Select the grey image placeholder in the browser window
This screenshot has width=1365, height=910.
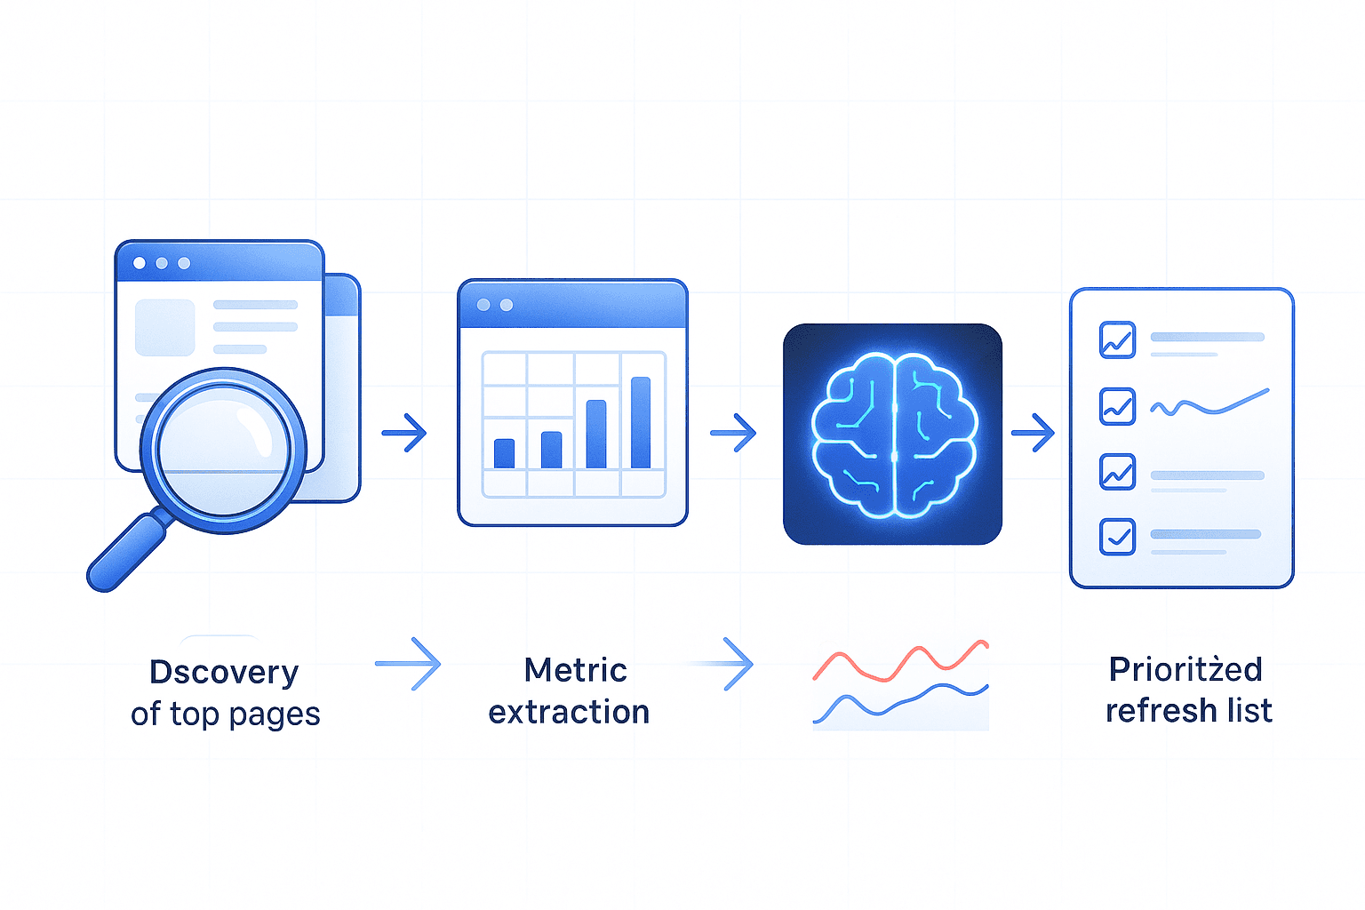tap(164, 327)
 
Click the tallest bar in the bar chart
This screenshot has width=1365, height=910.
tap(641, 422)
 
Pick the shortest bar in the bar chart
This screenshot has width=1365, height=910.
tap(504, 453)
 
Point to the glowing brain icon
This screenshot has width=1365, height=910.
tap(892, 434)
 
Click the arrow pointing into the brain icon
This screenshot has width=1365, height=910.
tap(733, 434)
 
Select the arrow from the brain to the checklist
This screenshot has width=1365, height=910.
tap(1033, 434)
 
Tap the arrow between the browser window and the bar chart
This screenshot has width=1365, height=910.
tap(404, 433)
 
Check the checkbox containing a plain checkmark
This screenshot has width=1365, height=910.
tap(1117, 537)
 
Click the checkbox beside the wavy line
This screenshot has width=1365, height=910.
tap(1117, 406)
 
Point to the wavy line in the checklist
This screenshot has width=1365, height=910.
tap(1209, 404)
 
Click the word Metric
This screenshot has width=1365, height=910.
tap(576, 670)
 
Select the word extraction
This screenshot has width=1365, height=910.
tap(569, 712)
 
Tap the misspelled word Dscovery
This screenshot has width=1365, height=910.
tap(224, 672)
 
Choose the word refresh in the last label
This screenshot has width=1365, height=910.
tap(1161, 711)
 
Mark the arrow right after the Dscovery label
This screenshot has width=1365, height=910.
tap(408, 664)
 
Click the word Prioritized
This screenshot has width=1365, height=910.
tap(1185, 669)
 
